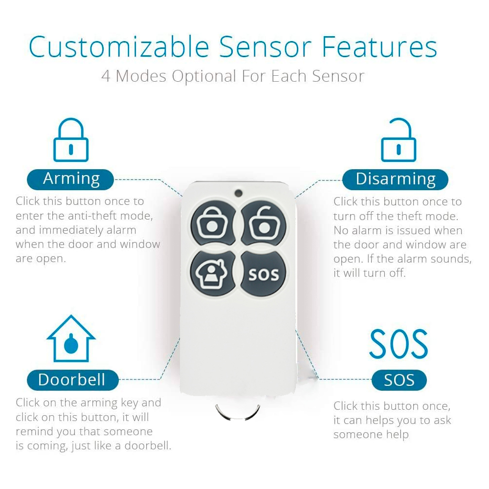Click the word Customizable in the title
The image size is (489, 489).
[x=119, y=47]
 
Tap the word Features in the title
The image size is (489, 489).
[x=379, y=47]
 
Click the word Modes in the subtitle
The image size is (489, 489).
[x=141, y=76]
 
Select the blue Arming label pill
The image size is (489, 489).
[x=70, y=179]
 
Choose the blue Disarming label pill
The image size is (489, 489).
[x=395, y=179]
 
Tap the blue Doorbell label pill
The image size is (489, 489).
[x=73, y=380]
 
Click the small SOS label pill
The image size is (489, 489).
[x=399, y=380]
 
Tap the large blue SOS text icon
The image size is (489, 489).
[x=399, y=344]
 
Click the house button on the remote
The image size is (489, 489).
[x=213, y=273]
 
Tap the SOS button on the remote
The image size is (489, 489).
[x=264, y=273]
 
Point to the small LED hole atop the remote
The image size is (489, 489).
[x=239, y=193]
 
